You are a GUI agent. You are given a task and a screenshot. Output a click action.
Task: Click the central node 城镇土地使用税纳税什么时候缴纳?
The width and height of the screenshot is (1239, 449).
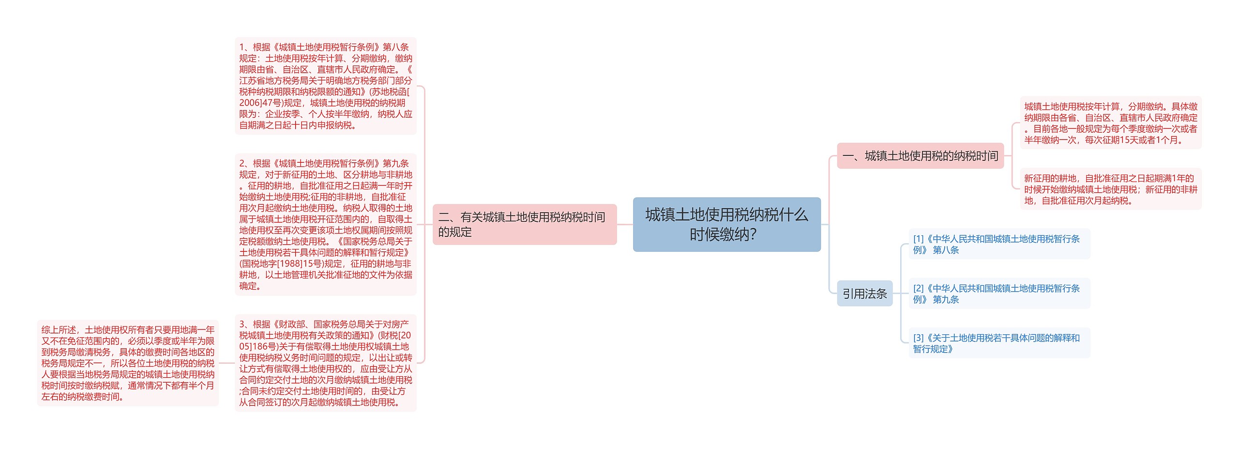pos(726,224)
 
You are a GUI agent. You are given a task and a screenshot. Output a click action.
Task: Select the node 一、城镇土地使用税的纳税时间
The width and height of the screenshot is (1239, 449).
pos(920,156)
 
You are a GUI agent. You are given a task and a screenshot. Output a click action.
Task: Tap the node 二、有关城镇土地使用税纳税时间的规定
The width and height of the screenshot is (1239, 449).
pos(524,224)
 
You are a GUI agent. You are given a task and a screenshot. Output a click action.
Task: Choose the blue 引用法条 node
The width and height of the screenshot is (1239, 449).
pos(864,294)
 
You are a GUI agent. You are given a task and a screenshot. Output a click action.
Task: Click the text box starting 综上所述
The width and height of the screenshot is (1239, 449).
pos(128,363)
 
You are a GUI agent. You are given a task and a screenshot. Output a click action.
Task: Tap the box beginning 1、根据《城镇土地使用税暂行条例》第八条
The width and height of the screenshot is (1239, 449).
pos(325,86)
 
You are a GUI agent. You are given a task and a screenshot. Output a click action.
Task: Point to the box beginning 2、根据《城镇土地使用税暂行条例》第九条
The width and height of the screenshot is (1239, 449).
pos(325,224)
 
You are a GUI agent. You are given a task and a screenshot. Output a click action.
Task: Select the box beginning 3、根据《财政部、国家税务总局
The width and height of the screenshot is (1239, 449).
pos(325,363)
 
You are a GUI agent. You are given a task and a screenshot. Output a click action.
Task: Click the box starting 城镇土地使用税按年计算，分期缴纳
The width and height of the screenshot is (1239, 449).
pos(1110,123)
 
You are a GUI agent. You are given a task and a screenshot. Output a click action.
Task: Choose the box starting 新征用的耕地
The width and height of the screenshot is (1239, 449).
pos(1110,189)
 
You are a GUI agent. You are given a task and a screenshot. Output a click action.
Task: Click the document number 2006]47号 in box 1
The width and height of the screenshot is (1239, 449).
pos(261,103)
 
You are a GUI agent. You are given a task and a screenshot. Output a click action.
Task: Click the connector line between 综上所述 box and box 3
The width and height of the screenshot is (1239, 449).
pos(227,363)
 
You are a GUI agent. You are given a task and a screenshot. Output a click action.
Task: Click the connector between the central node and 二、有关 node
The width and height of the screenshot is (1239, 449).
pos(625,224)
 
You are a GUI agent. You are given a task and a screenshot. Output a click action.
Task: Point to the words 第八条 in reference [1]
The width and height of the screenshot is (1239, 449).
pos(946,250)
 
